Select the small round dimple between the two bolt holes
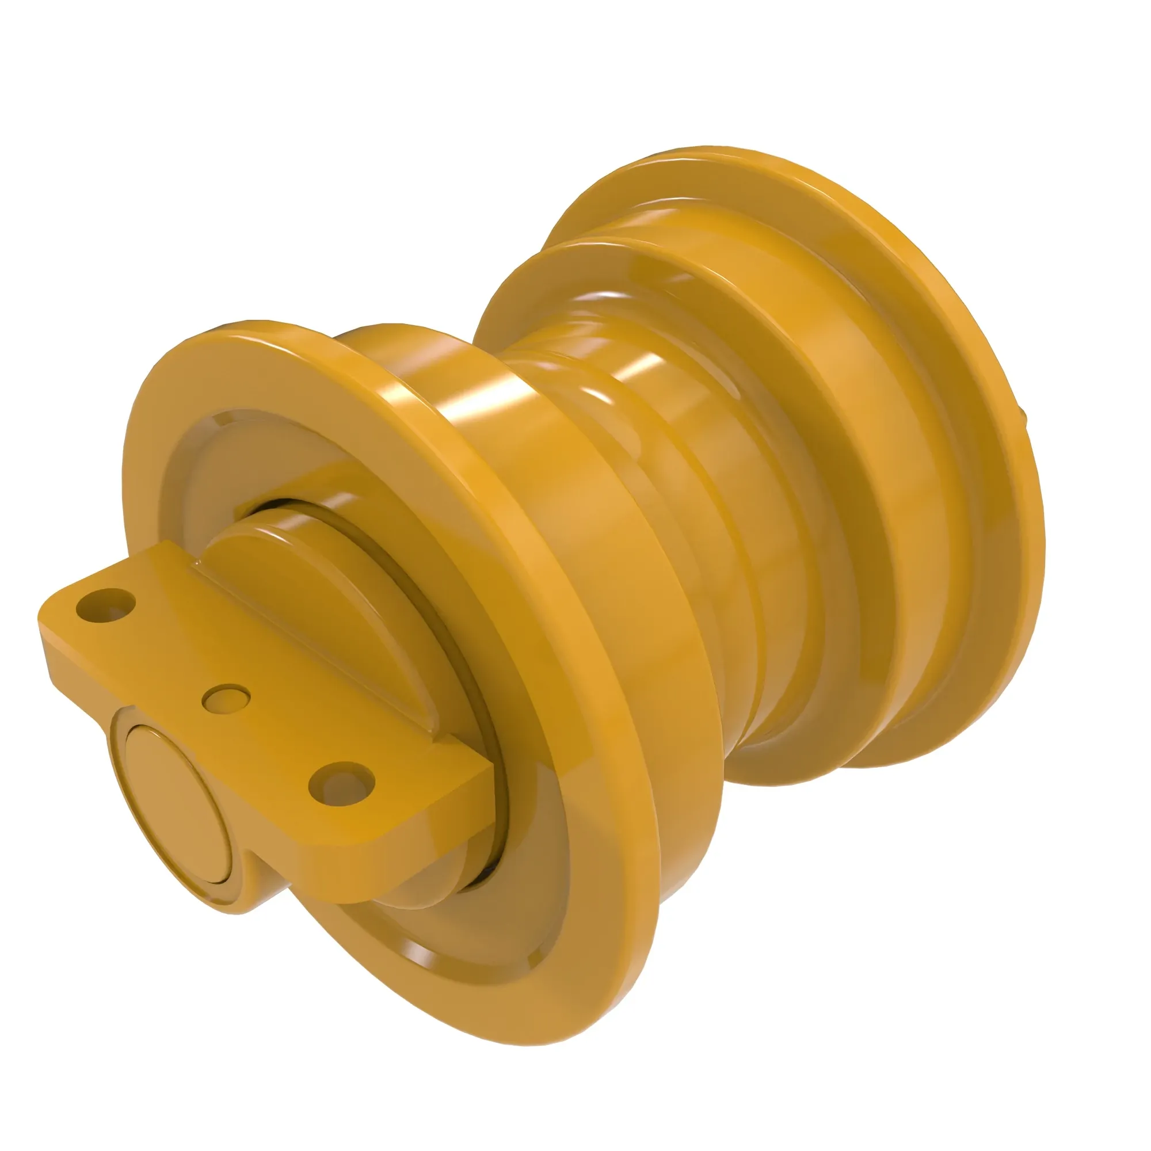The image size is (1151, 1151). click(x=226, y=699)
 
